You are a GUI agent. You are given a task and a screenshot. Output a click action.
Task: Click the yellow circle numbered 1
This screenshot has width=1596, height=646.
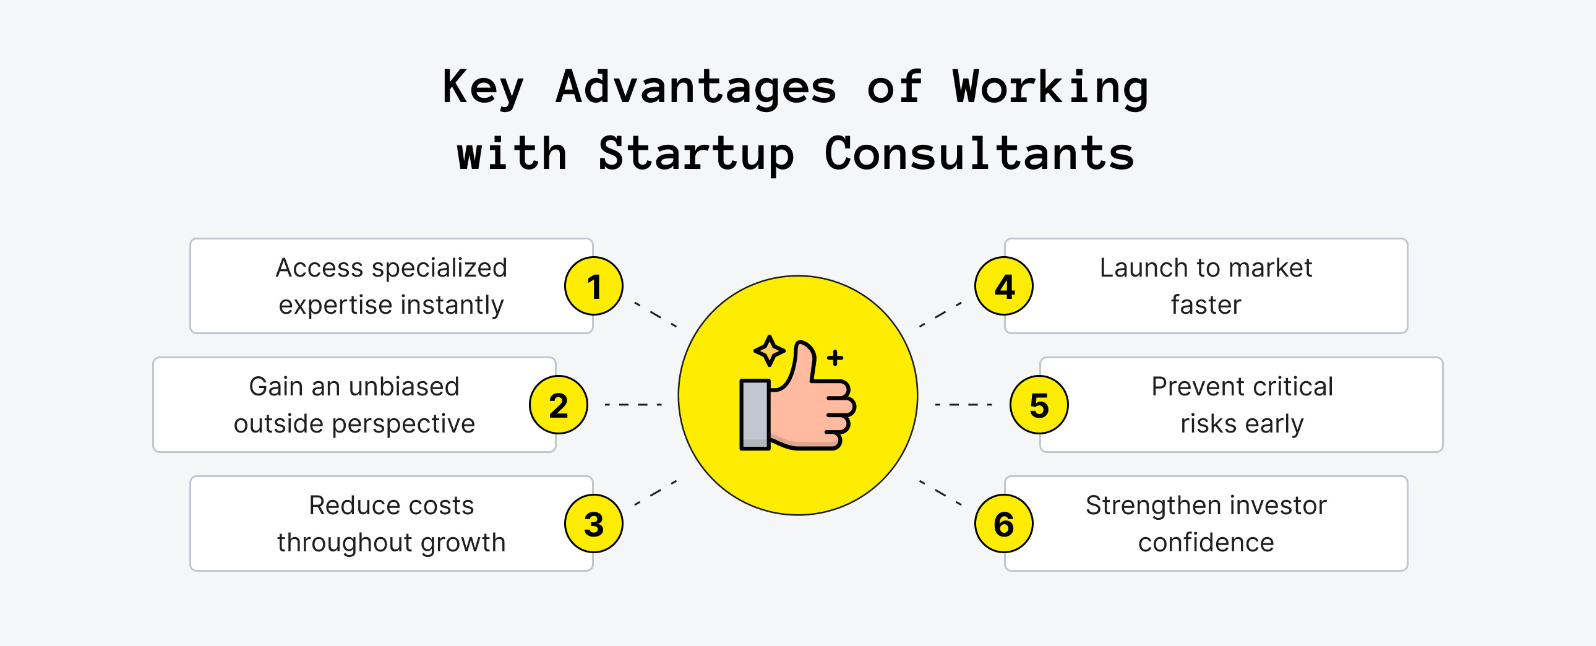pyautogui.click(x=593, y=286)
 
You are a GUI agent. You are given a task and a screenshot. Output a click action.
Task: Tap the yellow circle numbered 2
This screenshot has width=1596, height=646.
pyautogui.click(x=558, y=405)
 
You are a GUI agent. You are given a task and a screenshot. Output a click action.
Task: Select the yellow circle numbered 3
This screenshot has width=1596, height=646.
pyautogui.click(x=593, y=524)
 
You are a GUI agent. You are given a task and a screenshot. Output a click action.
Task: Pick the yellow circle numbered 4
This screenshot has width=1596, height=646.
pyautogui.click(x=1004, y=286)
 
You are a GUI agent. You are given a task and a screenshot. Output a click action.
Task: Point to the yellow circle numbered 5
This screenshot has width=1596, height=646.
pyautogui.click(x=1039, y=405)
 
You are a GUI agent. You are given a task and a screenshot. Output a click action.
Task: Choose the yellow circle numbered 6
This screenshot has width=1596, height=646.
pyautogui.click(x=1004, y=524)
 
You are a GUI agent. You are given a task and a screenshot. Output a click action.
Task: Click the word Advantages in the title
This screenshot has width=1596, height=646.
pyautogui.click(x=696, y=87)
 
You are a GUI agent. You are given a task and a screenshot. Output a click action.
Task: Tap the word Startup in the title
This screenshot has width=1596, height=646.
pyautogui.click(x=696, y=153)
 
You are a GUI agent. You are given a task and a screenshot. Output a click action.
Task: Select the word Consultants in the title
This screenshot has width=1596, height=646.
pyautogui.click(x=979, y=153)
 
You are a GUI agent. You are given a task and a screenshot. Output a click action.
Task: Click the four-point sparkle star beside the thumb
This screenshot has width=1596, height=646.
pyautogui.click(x=770, y=351)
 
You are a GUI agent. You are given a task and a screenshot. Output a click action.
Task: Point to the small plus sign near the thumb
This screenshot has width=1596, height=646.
pyautogui.click(x=835, y=358)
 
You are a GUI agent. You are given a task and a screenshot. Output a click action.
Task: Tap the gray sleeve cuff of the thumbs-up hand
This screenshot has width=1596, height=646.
pyautogui.click(x=755, y=413)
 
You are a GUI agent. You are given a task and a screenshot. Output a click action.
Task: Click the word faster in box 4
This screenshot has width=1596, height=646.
pyautogui.click(x=1206, y=305)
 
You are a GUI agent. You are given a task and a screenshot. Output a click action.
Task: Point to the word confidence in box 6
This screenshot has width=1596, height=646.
pyautogui.click(x=1206, y=543)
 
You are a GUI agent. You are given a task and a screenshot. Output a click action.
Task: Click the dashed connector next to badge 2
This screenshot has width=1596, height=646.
pyautogui.click(x=633, y=405)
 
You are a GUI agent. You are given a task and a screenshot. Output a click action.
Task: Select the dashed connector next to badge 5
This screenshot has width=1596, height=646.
pyautogui.click(x=963, y=405)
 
